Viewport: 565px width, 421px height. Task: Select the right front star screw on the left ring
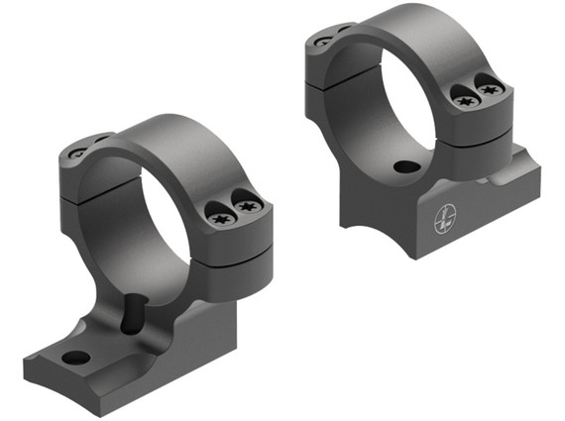point(248,205)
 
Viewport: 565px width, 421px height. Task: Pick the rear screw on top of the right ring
point(322,42)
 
